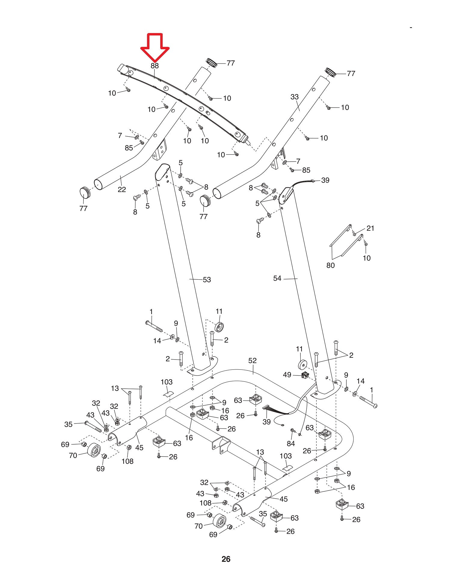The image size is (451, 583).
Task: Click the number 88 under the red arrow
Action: (x=155, y=66)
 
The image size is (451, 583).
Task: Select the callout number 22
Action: (x=121, y=190)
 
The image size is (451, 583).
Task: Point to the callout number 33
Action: (x=295, y=97)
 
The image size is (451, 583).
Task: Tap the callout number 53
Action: (x=207, y=280)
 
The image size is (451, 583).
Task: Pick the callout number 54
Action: (x=277, y=278)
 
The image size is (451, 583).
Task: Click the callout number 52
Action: (x=253, y=360)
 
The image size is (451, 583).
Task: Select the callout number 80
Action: (x=330, y=265)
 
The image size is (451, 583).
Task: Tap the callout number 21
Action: (x=370, y=228)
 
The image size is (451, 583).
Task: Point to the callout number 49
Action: (x=287, y=375)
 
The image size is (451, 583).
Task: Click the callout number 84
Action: (x=291, y=443)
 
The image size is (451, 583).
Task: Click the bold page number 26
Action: (x=226, y=559)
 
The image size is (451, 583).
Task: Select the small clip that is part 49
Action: (x=305, y=375)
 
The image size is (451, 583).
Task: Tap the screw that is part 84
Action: (x=292, y=431)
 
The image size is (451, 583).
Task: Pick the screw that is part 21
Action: (x=354, y=233)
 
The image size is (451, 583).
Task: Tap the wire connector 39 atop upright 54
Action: (x=313, y=181)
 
